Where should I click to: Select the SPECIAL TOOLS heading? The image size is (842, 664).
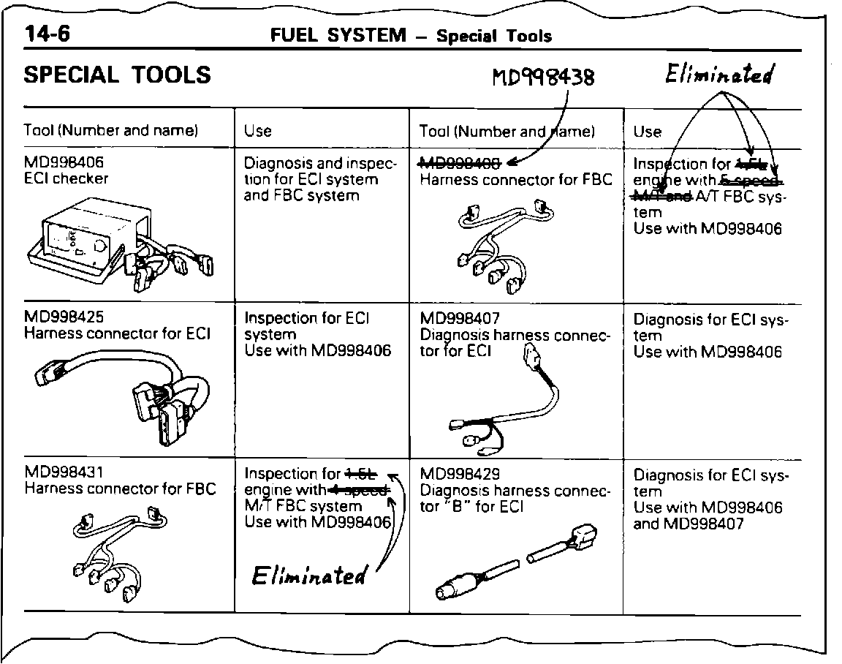tap(118, 75)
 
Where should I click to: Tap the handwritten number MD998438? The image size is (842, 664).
tap(542, 76)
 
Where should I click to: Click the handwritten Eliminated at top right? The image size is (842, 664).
tap(719, 74)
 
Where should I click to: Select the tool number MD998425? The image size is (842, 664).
tap(64, 317)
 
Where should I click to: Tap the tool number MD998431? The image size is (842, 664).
tap(64, 472)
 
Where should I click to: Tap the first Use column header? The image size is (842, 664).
tap(258, 132)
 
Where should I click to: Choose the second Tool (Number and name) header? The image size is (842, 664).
tap(507, 132)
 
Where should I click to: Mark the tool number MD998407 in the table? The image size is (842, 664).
tap(460, 319)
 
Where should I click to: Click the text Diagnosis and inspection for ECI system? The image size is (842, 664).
tap(319, 179)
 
